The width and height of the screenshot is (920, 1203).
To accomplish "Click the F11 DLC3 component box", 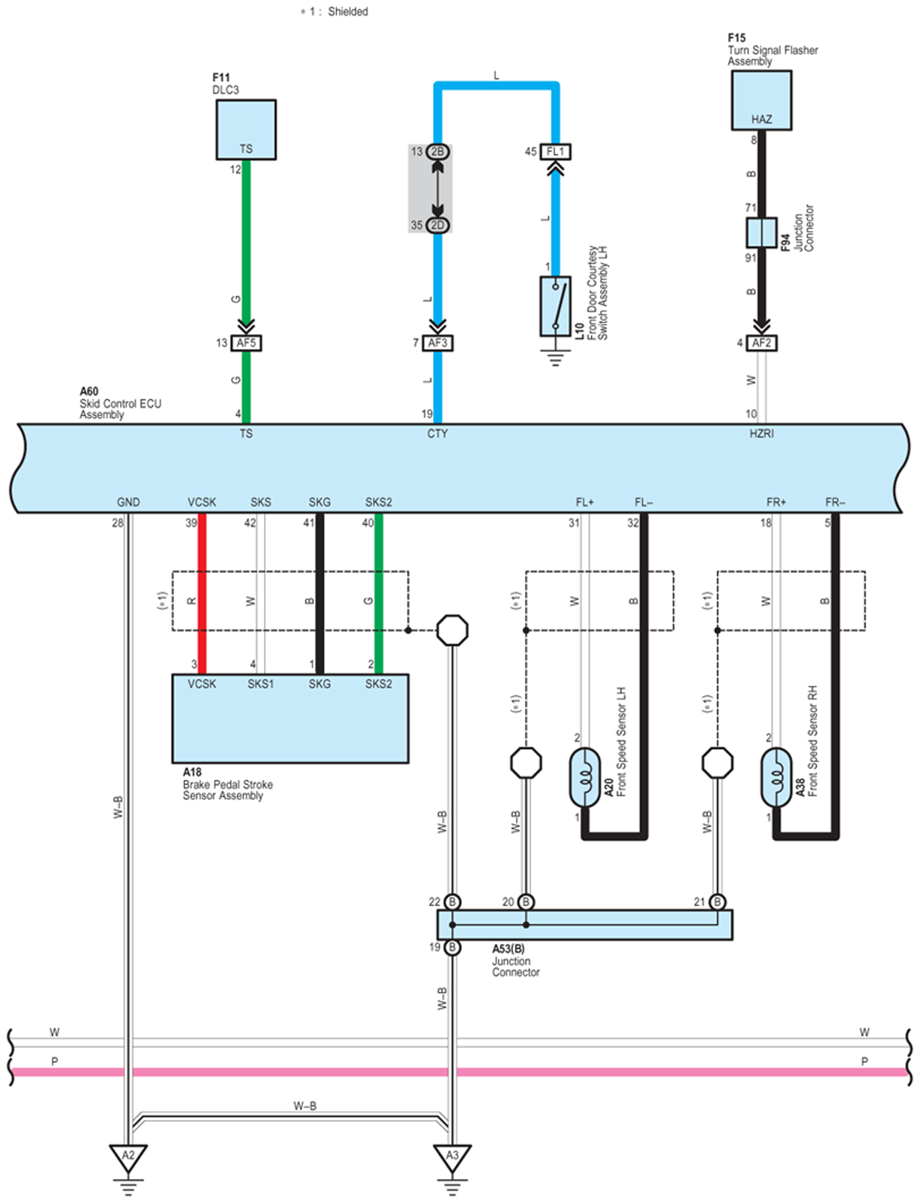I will (246, 129).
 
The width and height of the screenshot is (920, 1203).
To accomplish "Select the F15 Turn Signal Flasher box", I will (761, 100).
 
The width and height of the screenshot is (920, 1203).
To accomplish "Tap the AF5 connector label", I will (246, 343).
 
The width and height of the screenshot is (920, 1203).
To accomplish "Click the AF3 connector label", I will (437, 343).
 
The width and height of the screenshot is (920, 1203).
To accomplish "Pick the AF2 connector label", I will (761, 343).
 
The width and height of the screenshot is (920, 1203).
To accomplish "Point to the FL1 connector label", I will (555, 151).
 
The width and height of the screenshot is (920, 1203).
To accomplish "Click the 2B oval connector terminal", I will (437, 151).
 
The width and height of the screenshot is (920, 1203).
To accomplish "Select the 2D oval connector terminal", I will (437, 225).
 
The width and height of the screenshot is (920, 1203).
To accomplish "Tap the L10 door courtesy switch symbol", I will (555, 306).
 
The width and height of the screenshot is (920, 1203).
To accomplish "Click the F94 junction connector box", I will (761, 233).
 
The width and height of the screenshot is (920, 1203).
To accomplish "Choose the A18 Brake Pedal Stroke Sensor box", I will (290, 718).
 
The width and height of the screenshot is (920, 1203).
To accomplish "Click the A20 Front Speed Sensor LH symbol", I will (584, 777).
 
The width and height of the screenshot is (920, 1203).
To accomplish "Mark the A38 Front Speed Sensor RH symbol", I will (776, 777).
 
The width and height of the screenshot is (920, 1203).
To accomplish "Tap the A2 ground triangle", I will (128, 1156).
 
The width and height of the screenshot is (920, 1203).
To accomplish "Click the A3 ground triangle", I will (451, 1156).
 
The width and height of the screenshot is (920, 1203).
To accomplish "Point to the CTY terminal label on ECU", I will (437, 433).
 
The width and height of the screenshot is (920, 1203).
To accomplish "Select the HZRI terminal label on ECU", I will (761, 433).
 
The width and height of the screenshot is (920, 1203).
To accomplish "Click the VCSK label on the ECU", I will (201, 502).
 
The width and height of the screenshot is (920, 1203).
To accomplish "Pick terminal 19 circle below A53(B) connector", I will (451, 948).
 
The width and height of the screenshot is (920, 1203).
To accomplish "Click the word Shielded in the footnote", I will (348, 12).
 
